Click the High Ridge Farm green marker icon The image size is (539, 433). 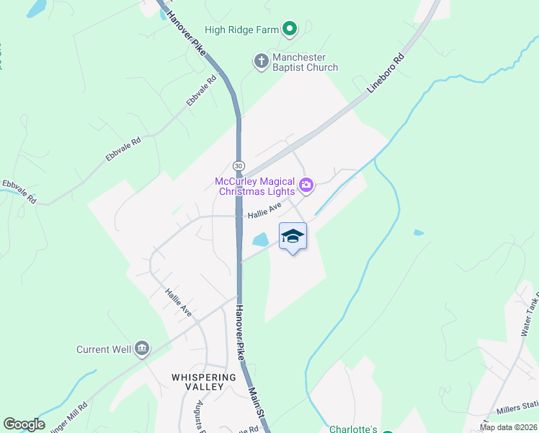click(290, 30)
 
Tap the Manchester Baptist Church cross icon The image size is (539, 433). click(261, 62)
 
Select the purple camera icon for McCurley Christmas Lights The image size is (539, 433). click(306, 186)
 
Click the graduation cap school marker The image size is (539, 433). click(293, 237)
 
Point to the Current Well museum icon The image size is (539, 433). click(142, 350)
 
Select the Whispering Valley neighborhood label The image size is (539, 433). click(204, 382)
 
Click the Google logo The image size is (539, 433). click(24, 424)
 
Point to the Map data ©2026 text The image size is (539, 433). click(507, 427)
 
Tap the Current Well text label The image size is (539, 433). click(104, 350)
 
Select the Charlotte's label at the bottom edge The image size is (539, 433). click(353, 429)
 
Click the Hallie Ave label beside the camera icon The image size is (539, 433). click(264, 211)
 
